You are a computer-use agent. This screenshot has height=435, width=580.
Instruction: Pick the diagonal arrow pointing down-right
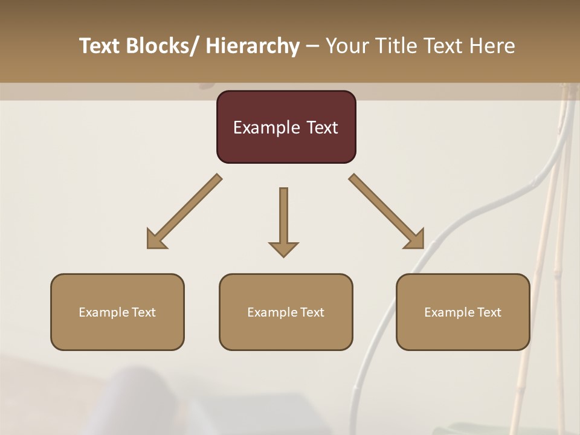click(x=387, y=211)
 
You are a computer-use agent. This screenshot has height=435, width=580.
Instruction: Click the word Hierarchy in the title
click(x=253, y=47)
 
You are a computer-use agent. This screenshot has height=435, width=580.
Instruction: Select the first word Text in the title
click(x=100, y=47)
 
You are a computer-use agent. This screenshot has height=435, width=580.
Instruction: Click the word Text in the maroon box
click(x=322, y=128)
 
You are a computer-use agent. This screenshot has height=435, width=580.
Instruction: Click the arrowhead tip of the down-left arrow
click(x=149, y=247)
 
